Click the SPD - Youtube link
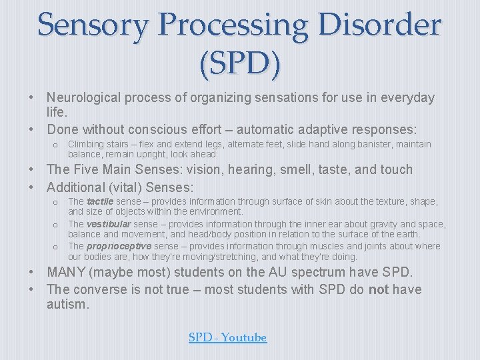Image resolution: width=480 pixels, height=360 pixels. click(x=227, y=338)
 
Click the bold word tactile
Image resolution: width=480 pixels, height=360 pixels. click(x=101, y=201)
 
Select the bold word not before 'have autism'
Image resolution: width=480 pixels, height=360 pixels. click(x=379, y=289)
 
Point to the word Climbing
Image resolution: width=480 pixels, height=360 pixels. click(x=87, y=144)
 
